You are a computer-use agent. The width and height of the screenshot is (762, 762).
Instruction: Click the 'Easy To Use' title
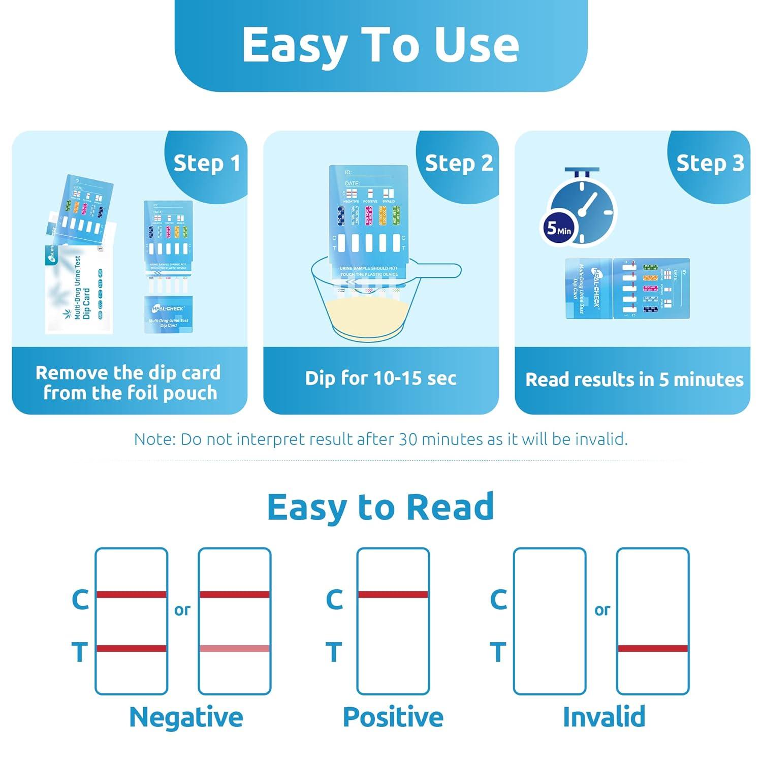(380, 45)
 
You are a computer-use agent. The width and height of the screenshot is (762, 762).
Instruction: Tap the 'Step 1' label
(206, 163)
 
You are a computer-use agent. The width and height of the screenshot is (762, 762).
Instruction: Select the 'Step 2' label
(459, 163)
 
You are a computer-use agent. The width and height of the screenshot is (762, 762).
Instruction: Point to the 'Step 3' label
(710, 163)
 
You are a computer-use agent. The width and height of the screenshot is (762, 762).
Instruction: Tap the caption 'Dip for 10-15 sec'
(380, 378)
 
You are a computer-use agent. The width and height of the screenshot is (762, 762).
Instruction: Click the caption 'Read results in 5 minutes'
(634, 379)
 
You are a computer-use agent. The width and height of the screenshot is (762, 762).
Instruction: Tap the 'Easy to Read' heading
(380, 507)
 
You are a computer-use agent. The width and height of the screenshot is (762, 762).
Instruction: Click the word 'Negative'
(186, 717)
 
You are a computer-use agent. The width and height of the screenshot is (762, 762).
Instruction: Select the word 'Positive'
(393, 717)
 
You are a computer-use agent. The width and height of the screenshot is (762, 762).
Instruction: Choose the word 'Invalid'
(604, 717)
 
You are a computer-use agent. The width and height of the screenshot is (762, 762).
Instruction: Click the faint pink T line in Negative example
(234, 648)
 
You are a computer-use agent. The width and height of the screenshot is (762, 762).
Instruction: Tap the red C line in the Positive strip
(393, 594)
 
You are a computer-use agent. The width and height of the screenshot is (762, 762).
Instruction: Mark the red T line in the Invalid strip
(653, 648)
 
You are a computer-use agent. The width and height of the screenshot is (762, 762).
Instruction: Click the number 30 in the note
(408, 439)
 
